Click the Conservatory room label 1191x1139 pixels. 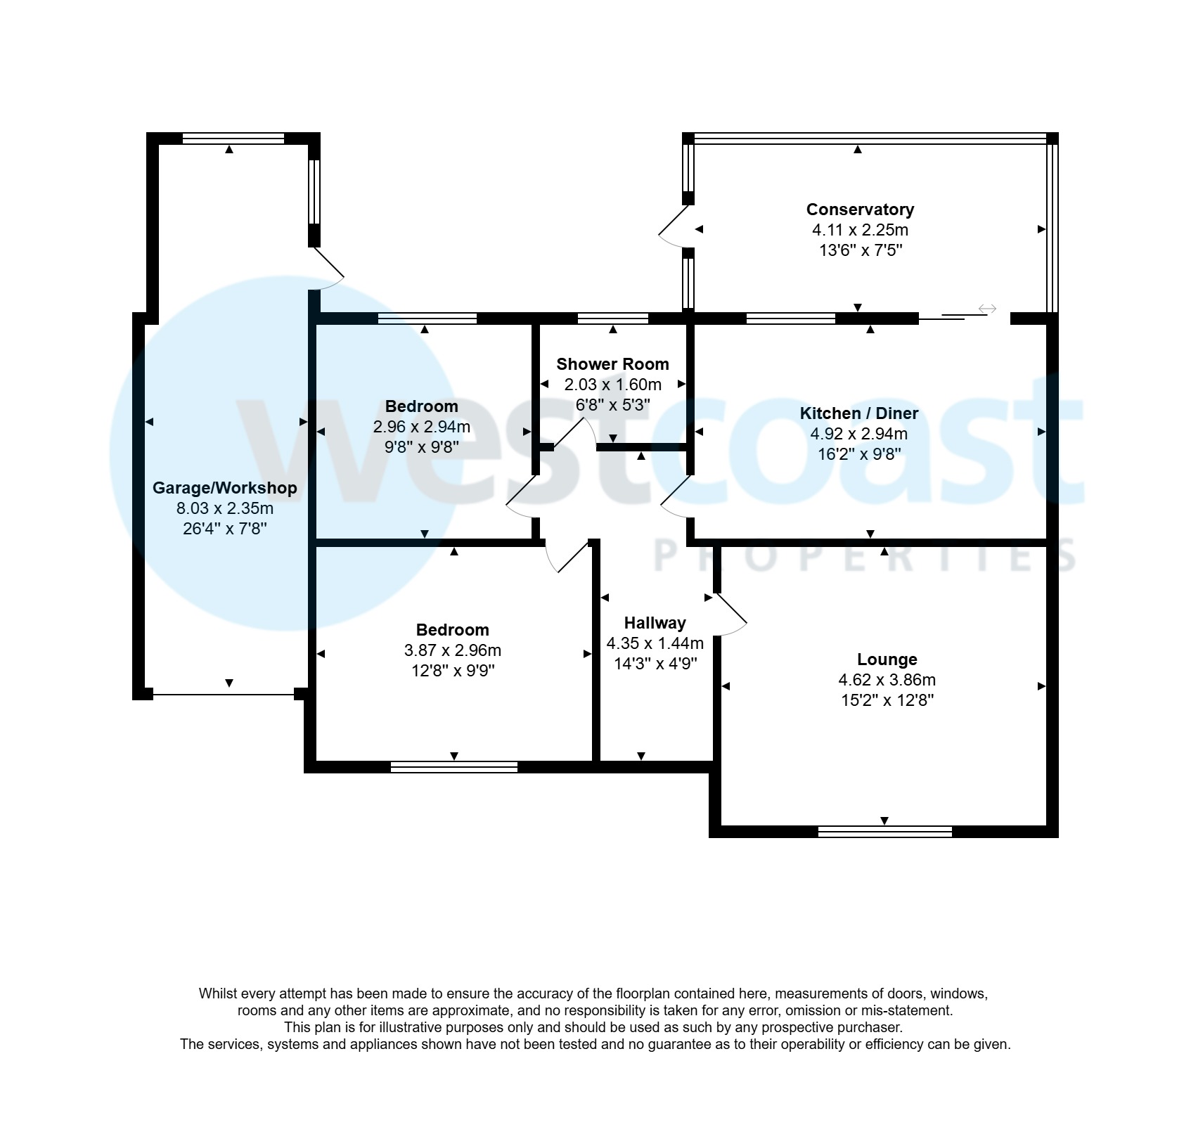click(860, 210)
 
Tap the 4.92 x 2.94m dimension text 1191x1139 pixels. click(858, 434)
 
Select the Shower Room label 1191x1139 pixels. click(612, 364)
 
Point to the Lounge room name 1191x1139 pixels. click(887, 659)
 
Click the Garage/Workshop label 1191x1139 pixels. click(225, 488)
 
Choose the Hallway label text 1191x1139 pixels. click(655, 623)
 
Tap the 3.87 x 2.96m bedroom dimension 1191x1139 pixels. click(453, 650)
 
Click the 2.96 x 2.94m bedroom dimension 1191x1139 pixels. click(421, 427)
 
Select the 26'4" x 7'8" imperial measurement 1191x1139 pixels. click(225, 529)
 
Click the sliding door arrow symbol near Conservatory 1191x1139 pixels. click(987, 309)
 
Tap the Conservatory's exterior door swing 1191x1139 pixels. click(671, 226)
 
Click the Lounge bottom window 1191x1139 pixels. click(884, 832)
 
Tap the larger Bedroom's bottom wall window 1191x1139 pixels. click(454, 767)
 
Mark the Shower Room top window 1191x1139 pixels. click(612, 318)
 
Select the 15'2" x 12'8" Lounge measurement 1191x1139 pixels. click(887, 700)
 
